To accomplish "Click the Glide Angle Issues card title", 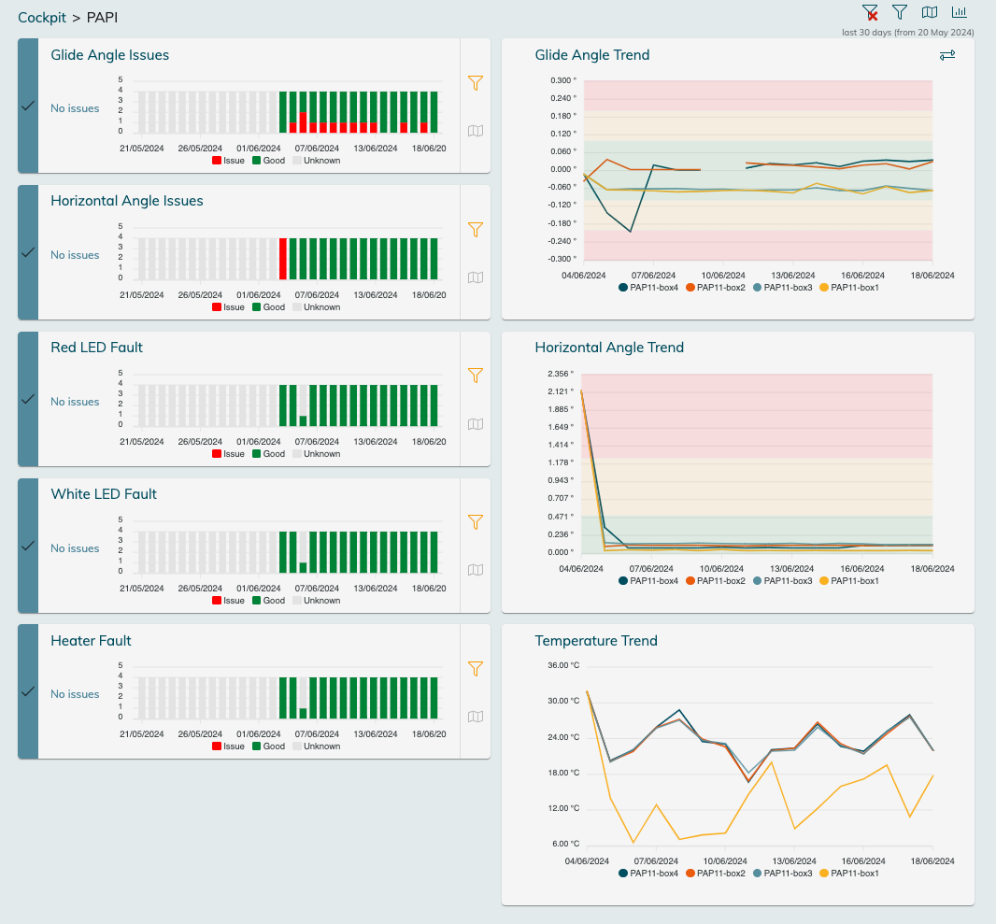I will click(x=110, y=55).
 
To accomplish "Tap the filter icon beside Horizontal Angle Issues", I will click(x=476, y=229).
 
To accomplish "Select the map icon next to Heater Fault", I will click(x=476, y=717).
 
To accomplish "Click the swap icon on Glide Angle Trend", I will click(x=947, y=56).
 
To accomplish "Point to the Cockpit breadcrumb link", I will click(x=42, y=18).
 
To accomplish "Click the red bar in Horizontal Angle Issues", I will click(x=283, y=258).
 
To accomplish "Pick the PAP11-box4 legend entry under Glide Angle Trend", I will click(x=648, y=288).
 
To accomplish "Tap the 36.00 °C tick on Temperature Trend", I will click(x=563, y=666).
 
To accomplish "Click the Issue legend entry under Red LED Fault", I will click(x=228, y=454).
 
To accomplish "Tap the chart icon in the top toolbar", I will click(x=960, y=12).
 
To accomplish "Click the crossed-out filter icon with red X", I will click(x=870, y=12).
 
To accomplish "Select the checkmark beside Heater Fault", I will click(x=28, y=691).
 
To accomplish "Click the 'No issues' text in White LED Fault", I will click(x=75, y=548).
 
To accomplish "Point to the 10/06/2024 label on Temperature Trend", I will click(x=723, y=860).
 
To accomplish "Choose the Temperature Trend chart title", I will click(x=596, y=641).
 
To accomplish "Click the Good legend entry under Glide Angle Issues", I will click(x=268, y=161).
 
